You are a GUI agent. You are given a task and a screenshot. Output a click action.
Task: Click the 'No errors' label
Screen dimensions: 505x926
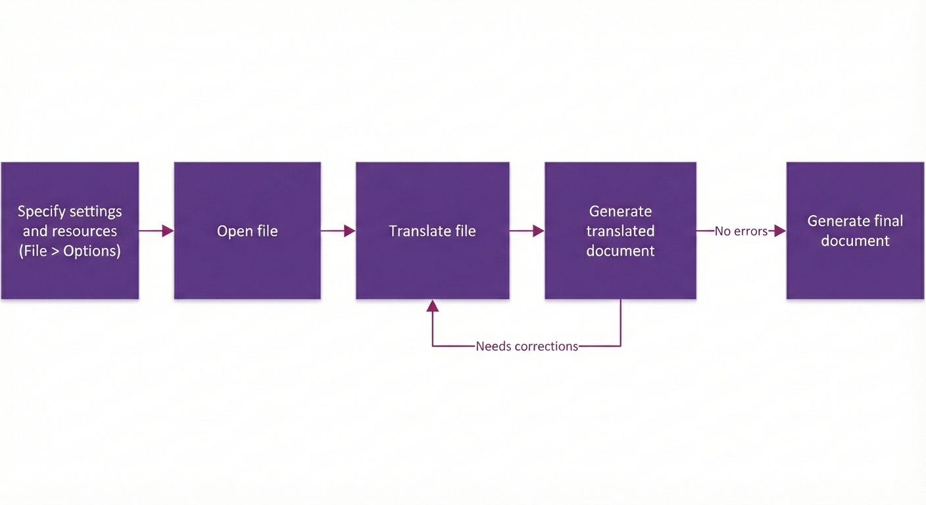tap(741, 231)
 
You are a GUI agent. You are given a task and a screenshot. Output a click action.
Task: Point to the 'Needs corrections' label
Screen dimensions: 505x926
tap(527, 346)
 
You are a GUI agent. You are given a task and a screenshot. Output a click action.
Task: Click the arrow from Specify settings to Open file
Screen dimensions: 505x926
tap(157, 231)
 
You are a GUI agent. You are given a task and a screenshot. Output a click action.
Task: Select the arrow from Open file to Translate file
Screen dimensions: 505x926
tap(338, 231)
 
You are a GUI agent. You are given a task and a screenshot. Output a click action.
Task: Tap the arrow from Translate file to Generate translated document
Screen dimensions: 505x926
tap(527, 231)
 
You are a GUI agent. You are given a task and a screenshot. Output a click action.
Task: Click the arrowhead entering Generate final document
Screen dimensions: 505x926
tap(780, 231)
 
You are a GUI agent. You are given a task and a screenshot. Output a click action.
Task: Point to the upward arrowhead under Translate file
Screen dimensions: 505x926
tap(432, 305)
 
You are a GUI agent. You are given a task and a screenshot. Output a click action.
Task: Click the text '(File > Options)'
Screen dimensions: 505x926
tap(70, 251)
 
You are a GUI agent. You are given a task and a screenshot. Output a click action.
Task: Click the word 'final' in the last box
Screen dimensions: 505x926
tap(887, 221)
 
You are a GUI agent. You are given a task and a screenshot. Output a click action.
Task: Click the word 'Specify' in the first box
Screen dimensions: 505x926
tap(41, 212)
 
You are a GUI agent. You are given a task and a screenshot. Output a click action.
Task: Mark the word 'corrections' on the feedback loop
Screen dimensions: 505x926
tap(546, 346)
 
